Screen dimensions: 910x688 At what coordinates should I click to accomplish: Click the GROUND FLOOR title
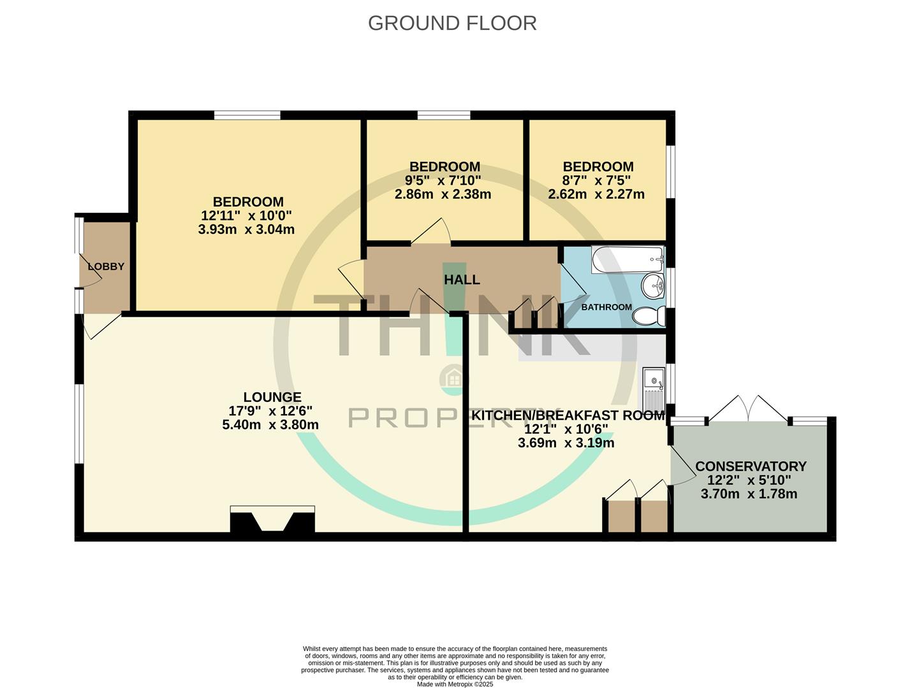(452, 23)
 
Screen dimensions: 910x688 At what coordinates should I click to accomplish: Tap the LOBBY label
(106, 266)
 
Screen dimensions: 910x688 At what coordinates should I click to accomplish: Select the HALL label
(462, 280)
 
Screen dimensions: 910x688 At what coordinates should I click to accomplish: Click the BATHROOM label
(606, 307)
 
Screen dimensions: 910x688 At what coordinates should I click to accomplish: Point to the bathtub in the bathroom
(627, 259)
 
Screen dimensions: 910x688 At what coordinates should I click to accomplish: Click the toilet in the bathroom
(649, 316)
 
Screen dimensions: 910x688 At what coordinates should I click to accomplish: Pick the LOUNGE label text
(272, 397)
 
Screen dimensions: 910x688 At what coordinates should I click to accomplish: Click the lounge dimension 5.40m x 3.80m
(270, 425)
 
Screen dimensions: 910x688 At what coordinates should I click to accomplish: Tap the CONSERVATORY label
(751, 466)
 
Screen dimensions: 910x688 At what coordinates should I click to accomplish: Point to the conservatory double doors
(748, 408)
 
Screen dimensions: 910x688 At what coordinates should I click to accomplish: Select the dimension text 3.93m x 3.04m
(246, 229)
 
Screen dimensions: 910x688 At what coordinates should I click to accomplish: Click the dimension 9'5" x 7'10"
(443, 180)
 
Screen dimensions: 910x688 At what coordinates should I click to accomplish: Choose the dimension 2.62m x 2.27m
(596, 194)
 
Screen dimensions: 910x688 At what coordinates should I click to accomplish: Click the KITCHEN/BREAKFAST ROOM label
(568, 415)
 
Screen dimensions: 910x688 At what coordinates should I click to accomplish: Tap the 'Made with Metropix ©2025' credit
(455, 684)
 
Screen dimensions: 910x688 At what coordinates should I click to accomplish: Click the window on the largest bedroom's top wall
(247, 115)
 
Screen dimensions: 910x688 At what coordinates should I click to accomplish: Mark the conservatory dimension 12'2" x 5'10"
(749, 480)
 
